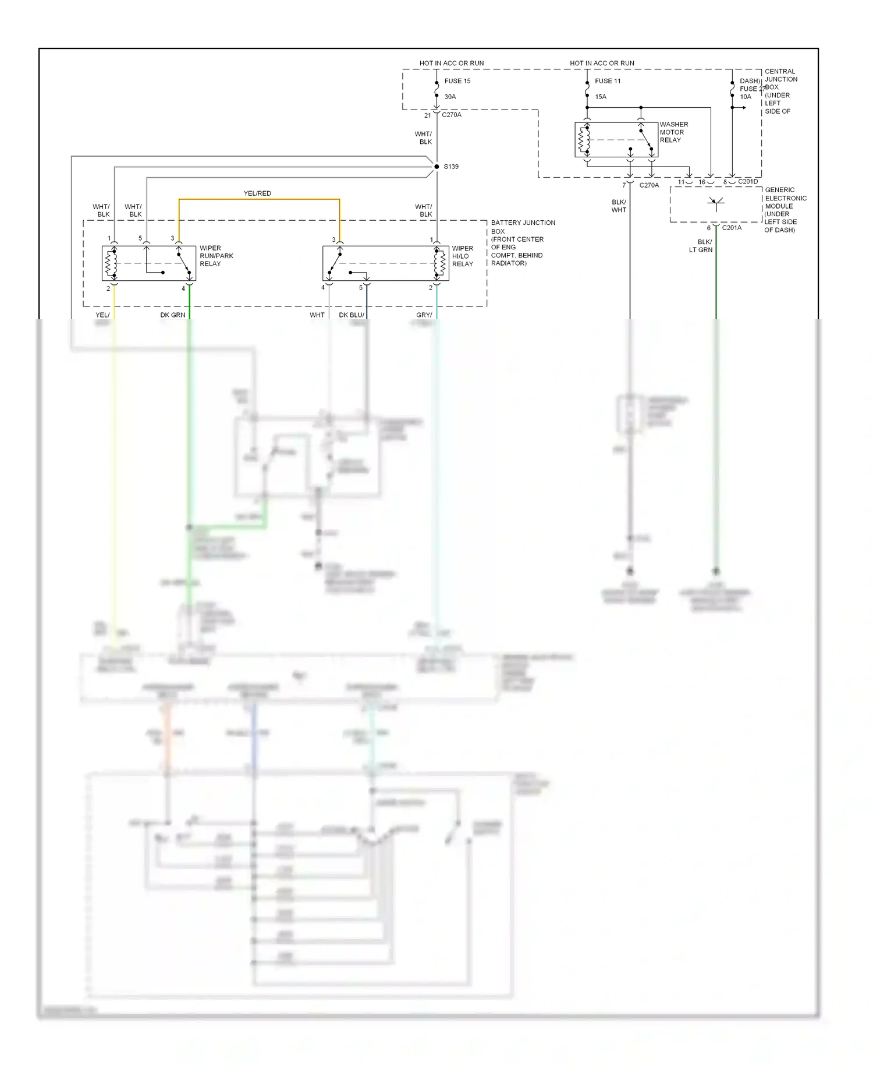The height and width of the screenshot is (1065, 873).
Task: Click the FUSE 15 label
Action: click(457, 81)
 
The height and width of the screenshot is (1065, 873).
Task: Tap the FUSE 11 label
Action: click(608, 81)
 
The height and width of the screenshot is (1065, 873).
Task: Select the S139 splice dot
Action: click(436, 167)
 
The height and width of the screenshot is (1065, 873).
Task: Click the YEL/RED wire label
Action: click(257, 193)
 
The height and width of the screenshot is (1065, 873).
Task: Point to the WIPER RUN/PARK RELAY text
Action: click(216, 256)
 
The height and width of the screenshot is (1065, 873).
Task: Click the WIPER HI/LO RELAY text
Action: click(463, 256)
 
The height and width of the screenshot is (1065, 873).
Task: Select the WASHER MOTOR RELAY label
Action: click(673, 132)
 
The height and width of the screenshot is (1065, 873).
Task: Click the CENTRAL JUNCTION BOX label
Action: click(780, 91)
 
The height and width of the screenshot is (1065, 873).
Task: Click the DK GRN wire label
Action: click(173, 315)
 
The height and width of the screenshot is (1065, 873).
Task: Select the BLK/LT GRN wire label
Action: click(701, 246)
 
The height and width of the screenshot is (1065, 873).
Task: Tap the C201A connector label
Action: click(732, 228)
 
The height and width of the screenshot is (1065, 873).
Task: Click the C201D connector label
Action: click(748, 182)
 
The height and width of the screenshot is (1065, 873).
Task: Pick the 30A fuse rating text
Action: click(450, 97)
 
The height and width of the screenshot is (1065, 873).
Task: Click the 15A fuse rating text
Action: click(601, 97)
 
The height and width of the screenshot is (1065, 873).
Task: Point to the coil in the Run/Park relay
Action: click(108, 263)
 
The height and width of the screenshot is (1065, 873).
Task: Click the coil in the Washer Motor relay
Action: click(581, 140)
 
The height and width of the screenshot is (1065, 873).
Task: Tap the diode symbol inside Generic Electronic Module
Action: click(716, 203)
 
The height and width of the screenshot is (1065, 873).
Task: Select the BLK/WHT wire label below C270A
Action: click(619, 206)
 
